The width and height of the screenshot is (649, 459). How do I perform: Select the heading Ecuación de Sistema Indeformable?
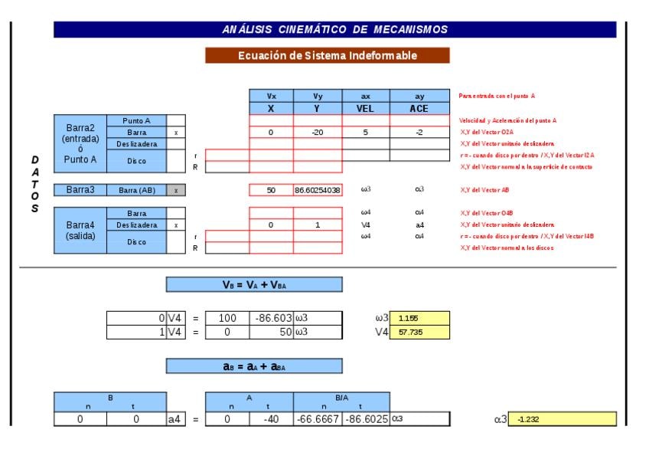point(327,55)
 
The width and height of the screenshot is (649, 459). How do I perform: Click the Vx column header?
point(271,97)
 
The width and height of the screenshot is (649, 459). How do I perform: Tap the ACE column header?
point(419,108)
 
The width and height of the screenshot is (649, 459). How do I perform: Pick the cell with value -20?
point(318,132)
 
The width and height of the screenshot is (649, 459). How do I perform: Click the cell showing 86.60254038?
point(318,190)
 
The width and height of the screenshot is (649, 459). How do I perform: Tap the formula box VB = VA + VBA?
point(254,284)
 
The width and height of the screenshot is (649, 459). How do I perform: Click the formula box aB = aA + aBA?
point(254,366)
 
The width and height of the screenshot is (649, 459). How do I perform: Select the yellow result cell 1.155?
point(419,316)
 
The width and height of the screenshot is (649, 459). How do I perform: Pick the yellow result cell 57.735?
point(419,333)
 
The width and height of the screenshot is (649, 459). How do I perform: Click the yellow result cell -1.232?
point(565,419)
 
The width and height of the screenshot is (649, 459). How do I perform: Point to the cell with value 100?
point(227,316)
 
